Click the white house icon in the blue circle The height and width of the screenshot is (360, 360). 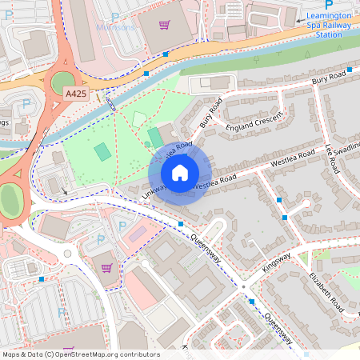click(180, 173)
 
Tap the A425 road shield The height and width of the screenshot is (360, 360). click(76, 94)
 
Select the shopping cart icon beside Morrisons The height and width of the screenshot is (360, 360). click(165, 26)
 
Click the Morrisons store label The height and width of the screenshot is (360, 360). click(116, 26)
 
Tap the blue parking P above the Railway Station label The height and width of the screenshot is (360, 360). click(329, 5)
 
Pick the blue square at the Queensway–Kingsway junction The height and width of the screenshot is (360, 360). click(251, 301)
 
